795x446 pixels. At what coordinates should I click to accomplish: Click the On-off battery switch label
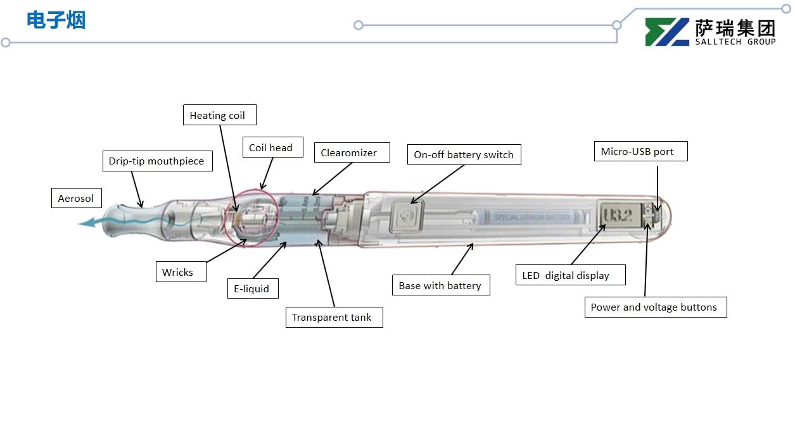pos(464,154)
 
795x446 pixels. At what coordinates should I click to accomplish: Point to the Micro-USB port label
pos(640,151)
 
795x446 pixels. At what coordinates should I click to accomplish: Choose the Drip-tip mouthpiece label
pos(156,161)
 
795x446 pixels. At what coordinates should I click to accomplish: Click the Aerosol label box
pos(76,198)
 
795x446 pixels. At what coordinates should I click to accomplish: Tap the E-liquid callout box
pos(253,288)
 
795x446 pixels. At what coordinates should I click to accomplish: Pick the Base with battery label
pos(441,285)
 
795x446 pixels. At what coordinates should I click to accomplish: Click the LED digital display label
pos(570,275)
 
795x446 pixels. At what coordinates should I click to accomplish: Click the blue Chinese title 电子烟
pos(56,20)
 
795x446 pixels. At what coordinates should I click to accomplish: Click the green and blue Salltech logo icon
pos(666,32)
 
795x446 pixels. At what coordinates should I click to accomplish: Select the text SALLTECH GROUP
pos(735,42)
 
